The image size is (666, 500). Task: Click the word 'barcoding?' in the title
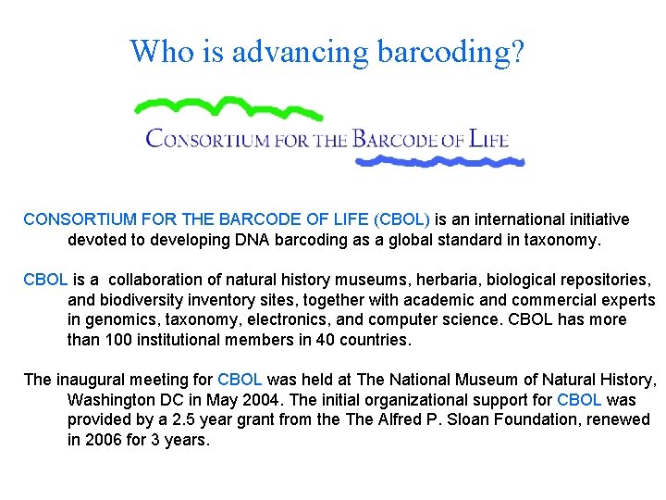(x=451, y=53)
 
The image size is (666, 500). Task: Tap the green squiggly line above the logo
(x=227, y=105)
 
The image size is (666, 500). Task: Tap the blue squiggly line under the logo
(x=439, y=162)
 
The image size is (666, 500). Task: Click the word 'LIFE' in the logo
(x=488, y=140)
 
